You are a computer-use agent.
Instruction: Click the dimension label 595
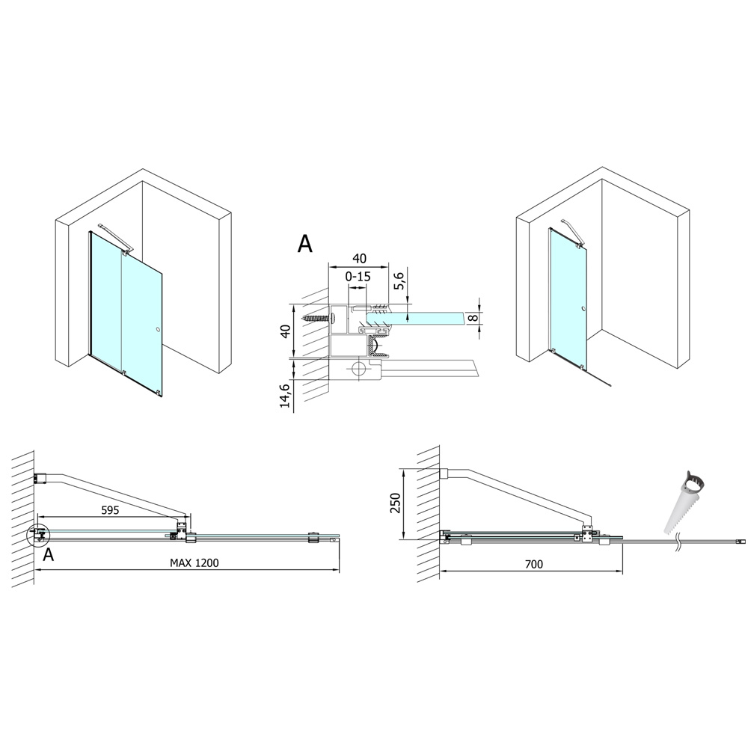[x=110, y=510]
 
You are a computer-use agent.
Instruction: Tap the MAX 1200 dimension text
[x=194, y=563]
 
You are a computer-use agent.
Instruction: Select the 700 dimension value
[x=534, y=564]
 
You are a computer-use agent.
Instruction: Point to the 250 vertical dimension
[x=396, y=503]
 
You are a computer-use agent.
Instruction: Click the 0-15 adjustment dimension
[x=358, y=276]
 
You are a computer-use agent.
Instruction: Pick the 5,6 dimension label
[x=399, y=280]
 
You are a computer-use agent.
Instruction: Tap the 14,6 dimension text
[x=285, y=396]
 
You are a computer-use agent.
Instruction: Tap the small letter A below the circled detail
[x=48, y=554]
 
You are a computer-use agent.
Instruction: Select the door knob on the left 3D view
[x=157, y=329]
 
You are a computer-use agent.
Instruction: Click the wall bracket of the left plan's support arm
[x=40, y=478]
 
